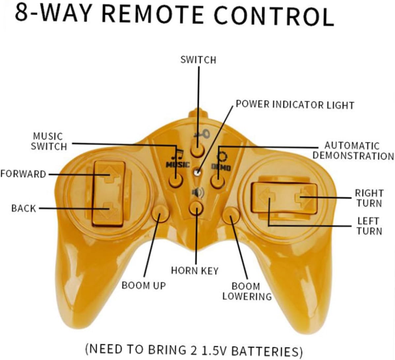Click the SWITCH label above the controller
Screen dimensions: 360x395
[x=198, y=60]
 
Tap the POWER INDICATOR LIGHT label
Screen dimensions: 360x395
[x=295, y=105]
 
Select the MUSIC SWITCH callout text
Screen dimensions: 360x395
[x=49, y=141]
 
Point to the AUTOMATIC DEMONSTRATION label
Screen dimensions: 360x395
[x=353, y=151]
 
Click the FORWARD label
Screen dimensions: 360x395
[x=23, y=174]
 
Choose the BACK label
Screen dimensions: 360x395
[x=23, y=208]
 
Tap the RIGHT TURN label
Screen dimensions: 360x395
[x=369, y=198]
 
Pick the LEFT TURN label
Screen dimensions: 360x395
[x=369, y=226]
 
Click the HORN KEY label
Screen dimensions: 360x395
[x=195, y=271]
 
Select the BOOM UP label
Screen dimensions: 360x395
[x=144, y=285]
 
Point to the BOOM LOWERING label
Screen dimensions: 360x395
[x=247, y=291]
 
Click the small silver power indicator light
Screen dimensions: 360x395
[x=197, y=172]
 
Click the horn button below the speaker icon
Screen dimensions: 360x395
[x=196, y=208]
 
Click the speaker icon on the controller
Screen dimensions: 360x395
[x=196, y=192]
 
